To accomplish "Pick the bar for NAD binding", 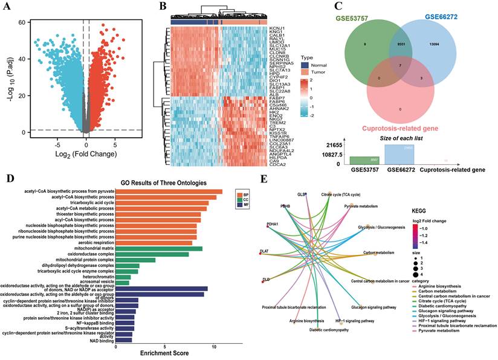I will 123,340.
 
